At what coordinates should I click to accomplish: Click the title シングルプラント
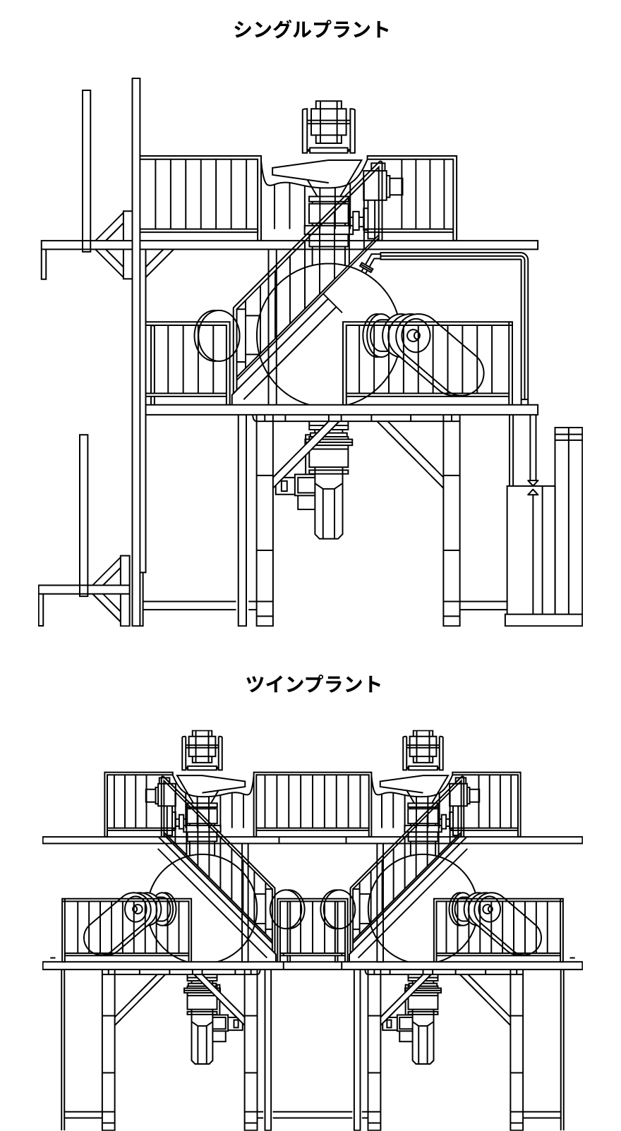pyautogui.click(x=311, y=29)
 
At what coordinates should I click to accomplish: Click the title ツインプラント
pyautogui.click(x=313, y=684)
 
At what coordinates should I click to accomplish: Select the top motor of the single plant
pyautogui.click(x=327, y=125)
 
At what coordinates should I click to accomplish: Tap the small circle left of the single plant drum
pyautogui.click(x=213, y=336)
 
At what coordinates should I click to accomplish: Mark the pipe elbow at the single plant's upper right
pyautogui.click(x=523, y=258)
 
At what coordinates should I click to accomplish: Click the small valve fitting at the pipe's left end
pyautogui.click(x=366, y=265)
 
